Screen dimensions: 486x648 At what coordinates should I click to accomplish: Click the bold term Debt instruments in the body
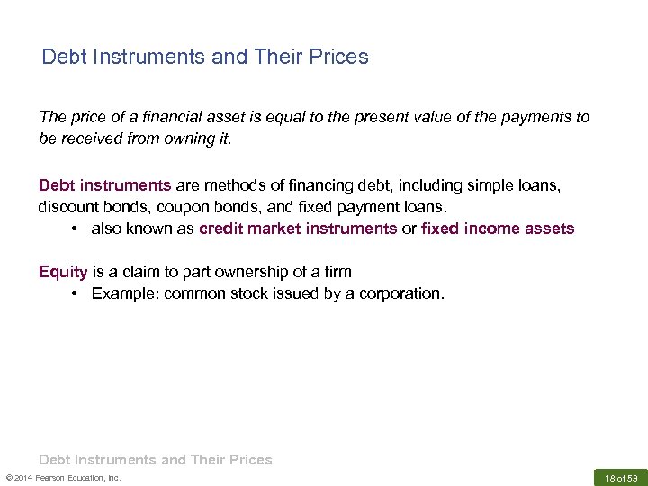[104, 185]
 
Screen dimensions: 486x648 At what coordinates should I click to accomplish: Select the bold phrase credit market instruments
[298, 229]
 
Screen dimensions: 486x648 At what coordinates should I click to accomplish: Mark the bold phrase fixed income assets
[498, 229]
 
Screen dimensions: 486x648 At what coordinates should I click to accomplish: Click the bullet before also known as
[72, 229]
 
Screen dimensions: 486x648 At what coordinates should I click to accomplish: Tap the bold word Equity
[63, 272]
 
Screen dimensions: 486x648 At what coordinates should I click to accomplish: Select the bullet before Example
[72, 293]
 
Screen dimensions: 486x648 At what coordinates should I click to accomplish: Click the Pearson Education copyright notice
[63, 477]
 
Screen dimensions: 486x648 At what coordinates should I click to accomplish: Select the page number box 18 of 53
[621, 477]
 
